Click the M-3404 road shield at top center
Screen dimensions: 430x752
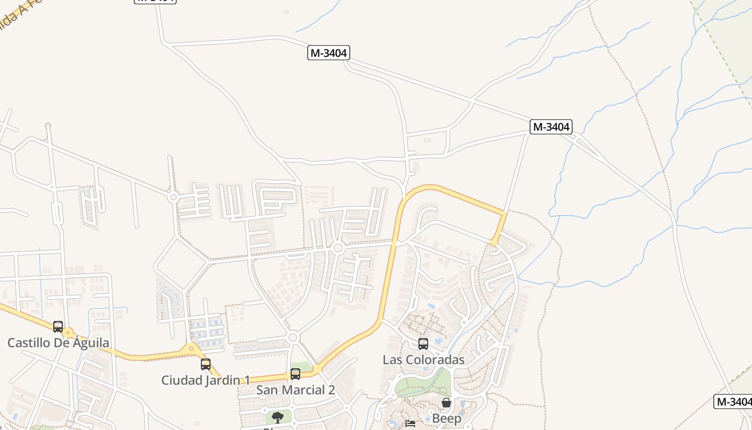click(x=329, y=53)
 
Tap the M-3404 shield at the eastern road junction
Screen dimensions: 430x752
click(x=551, y=127)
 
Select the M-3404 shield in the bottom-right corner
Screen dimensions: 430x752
click(x=733, y=402)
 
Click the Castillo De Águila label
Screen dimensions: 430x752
click(x=58, y=342)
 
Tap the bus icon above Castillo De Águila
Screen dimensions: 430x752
click(x=58, y=326)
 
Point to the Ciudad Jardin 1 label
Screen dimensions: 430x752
click(x=205, y=380)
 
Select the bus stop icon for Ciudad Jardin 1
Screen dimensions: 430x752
click(x=205, y=364)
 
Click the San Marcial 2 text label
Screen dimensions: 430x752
click(x=295, y=390)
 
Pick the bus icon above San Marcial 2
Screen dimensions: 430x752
click(x=295, y=374)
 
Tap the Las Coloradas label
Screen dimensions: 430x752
click(x=423, y=360)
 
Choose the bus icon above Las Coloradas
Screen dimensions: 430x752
click(x=423, y=343)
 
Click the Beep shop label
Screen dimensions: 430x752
click(x=446, y=419)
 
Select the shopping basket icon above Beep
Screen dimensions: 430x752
click(x=446, y=403)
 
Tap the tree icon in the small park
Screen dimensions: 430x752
click(x=277, y=417)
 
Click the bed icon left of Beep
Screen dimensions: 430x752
click(x=410, y=424)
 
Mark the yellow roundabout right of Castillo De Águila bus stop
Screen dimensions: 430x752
click(x=68, y=333)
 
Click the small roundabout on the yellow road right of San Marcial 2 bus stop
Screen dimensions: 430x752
click(x=317, y=369)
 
